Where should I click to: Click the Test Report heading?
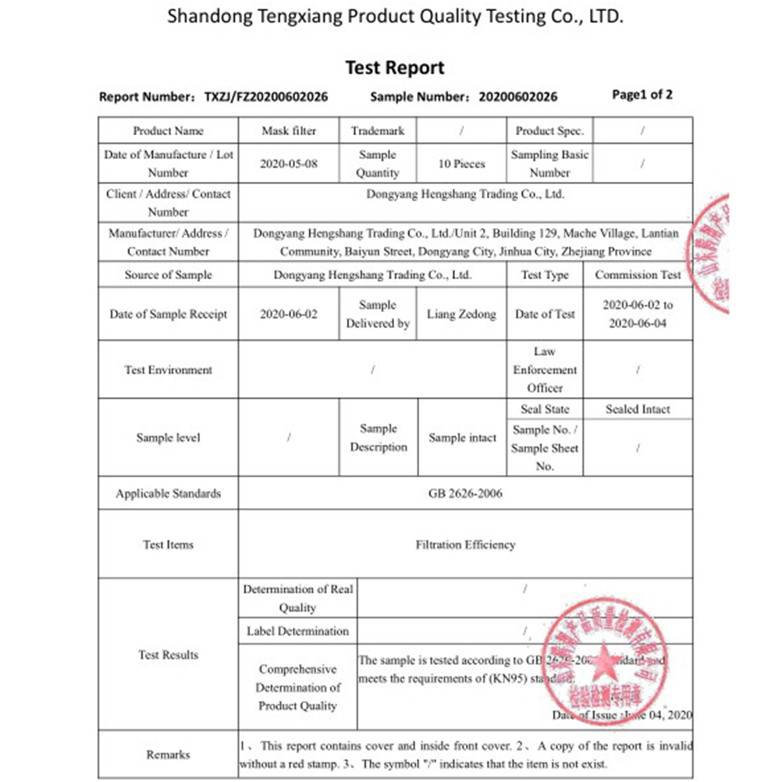click(394, 68)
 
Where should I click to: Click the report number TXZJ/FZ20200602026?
click(266, 97)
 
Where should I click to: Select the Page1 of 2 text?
click(642, 95)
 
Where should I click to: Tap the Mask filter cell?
click(289, 131)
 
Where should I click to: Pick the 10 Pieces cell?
click(462, 164)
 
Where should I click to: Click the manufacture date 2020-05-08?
click(289, 164)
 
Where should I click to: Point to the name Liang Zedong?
click(461, 315)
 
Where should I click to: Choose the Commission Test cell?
click(638, 275)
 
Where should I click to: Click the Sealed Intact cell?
click(638, 409)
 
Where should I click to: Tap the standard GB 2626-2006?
click(465, 493)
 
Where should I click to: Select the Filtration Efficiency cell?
click(465, 545)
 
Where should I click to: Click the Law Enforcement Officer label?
click(545, 370)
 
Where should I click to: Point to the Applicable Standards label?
click(168, 493)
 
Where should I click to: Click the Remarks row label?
click(168, 755)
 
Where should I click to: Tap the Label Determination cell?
click(297, 631)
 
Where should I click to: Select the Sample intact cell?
click(462, 438)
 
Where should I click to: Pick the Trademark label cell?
click(378, 131)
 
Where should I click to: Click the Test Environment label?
click(168, 370)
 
